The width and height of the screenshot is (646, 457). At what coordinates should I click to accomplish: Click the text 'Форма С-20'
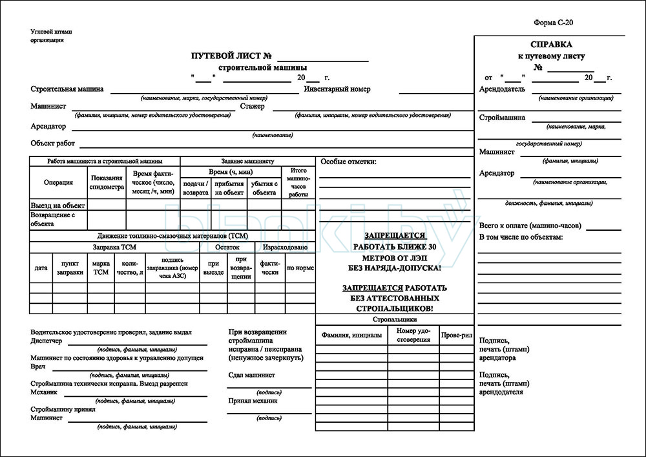[554, 23]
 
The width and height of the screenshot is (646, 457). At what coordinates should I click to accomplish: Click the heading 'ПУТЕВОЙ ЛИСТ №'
[231, 57]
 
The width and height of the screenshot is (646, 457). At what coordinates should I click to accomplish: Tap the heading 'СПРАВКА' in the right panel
[550, 45]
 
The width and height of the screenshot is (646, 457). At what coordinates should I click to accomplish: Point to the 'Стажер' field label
[252, 107]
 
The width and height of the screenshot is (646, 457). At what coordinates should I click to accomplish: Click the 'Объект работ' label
[52, 143]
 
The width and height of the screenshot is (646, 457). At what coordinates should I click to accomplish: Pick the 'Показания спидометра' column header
[107, 182]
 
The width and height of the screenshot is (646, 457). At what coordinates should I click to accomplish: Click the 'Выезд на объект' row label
[58, 205]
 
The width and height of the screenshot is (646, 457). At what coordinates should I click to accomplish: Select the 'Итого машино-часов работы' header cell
[298, 182]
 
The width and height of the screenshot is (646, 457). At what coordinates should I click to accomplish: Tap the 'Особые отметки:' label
[348, 162]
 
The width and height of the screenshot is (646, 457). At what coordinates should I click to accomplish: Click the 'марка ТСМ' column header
[100, 268]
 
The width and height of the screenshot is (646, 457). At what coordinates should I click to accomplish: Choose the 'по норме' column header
[300, 268]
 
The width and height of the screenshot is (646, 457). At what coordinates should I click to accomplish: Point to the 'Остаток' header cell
[227, 247]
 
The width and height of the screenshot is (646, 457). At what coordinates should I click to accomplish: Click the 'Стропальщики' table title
[395, 319]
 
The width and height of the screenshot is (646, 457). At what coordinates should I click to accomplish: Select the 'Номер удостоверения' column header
[413, 335]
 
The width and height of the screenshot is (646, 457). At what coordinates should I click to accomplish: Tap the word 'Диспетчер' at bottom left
[47, 340]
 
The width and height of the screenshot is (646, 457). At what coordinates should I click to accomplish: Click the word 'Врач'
[38, 367]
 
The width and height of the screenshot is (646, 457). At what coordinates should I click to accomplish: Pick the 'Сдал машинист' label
[251, 375]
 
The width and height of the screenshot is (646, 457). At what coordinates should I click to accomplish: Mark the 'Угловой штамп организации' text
[51, 36]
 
